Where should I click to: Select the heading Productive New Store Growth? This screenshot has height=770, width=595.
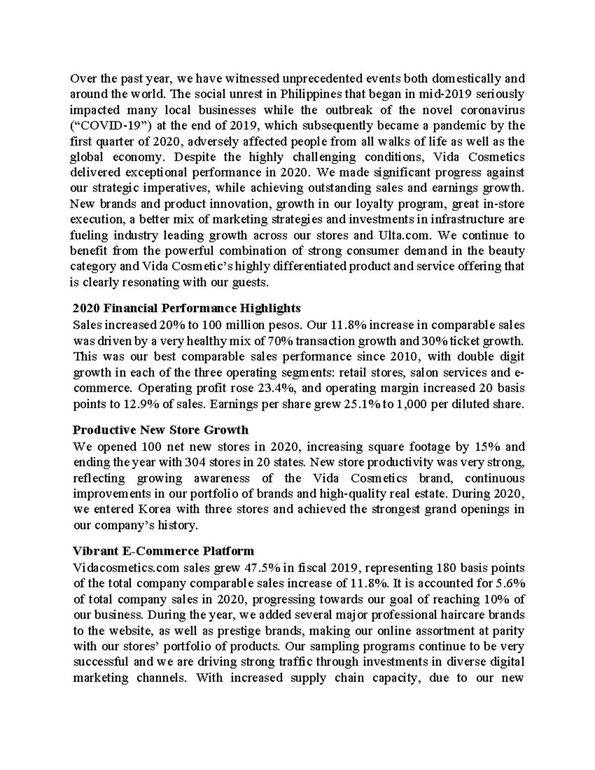click(160, 429)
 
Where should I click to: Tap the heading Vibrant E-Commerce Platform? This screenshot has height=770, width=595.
click(163, 551)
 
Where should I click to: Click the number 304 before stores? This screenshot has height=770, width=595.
click(194, 463)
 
